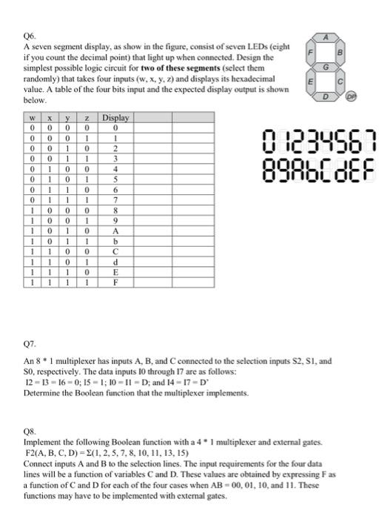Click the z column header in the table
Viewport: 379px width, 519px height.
pyautogui.click(x=87, y=117)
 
